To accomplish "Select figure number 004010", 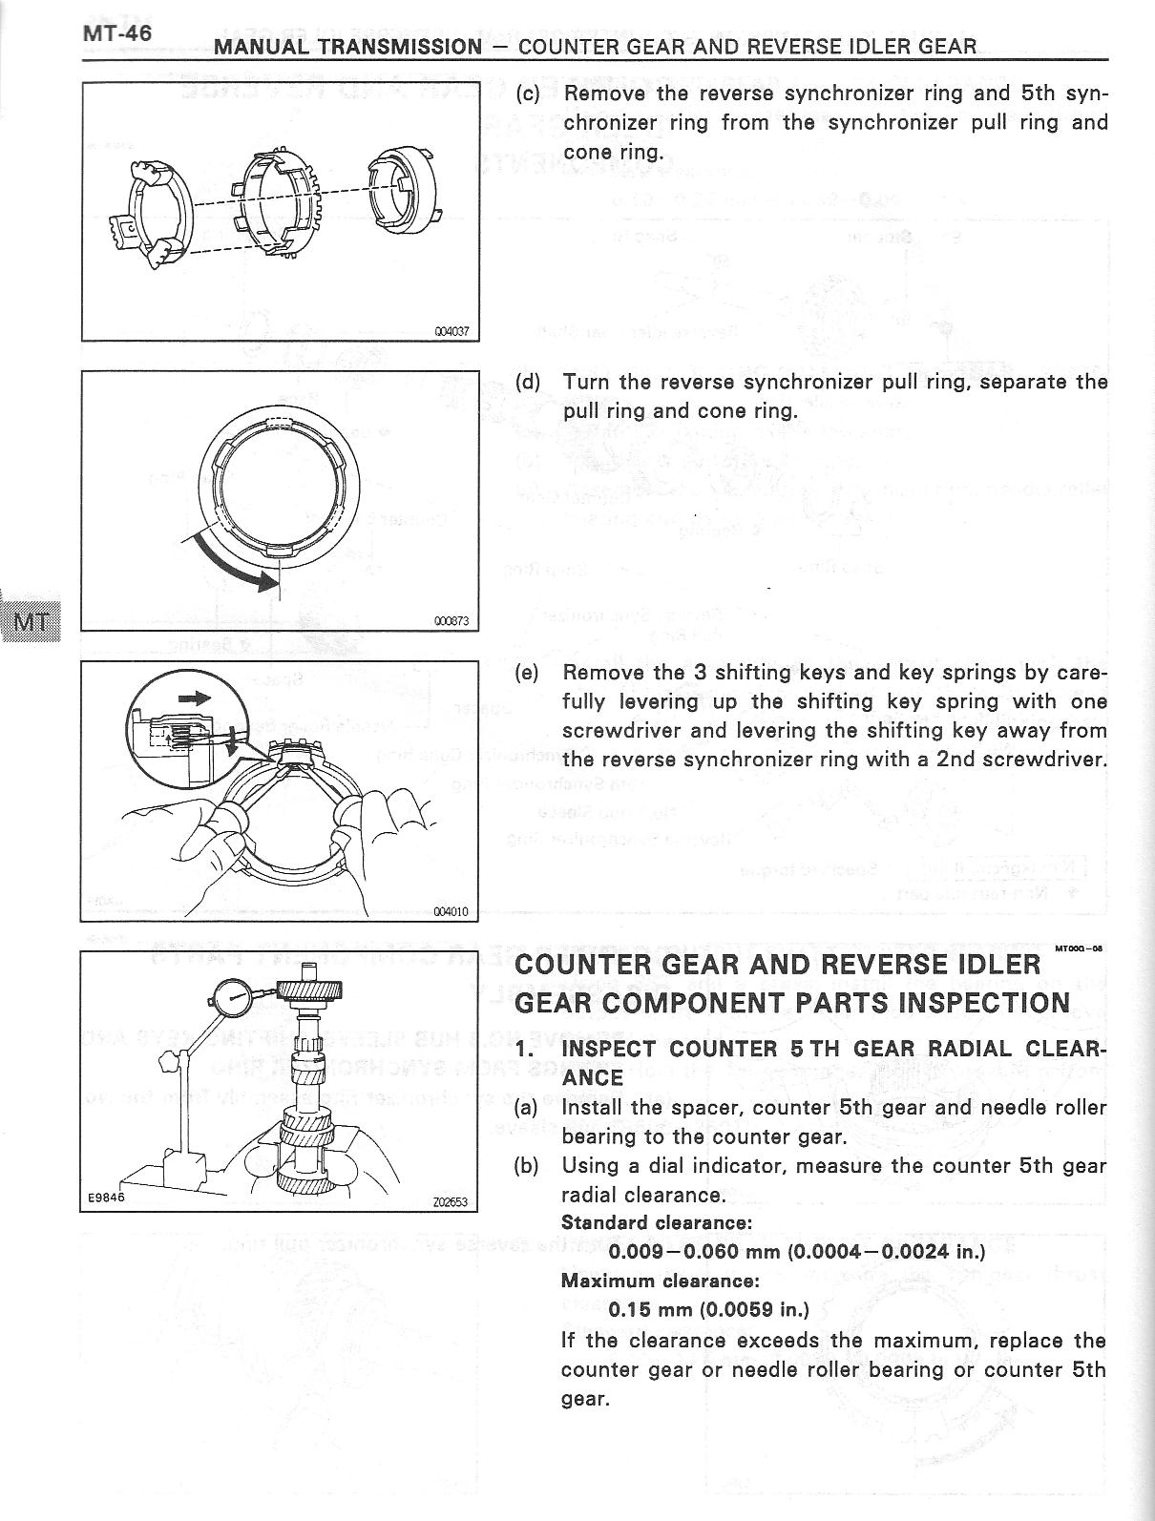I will coord(451,911).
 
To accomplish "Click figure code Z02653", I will coord(451,1202).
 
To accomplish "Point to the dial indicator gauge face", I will coord(230,1007).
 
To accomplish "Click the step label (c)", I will coord(528,94).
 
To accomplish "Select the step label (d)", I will coord(528,383).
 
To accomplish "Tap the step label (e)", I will coord(527,672).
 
